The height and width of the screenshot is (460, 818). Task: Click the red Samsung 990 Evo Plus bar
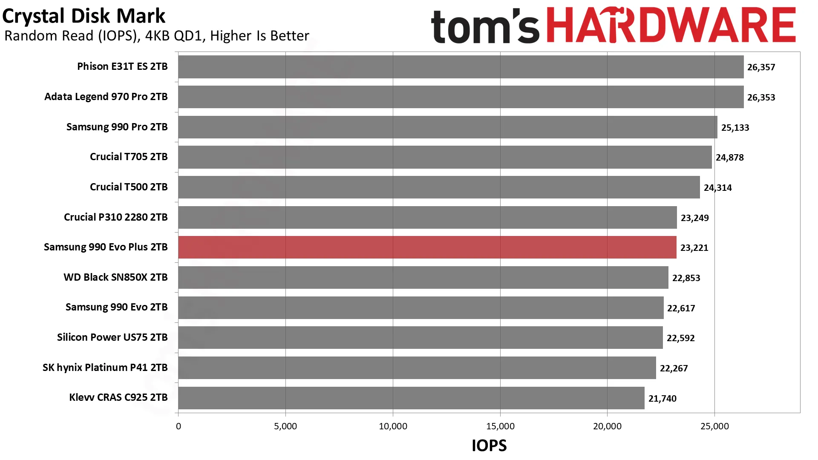[x=427, y=247]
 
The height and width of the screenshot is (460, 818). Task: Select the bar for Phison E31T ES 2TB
[x=461, y=67]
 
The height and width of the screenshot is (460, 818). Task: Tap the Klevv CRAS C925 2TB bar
[x=412, y=398]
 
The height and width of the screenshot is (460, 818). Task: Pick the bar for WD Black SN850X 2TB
[x=423, y=278]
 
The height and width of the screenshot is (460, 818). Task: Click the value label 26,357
[x=761, y=67]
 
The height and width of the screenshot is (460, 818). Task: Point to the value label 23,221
[x=694, y=248]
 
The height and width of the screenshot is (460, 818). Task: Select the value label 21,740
[x=662, y=399]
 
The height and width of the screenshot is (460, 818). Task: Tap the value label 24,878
[x=730, y=158]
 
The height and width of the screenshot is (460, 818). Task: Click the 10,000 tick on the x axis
[x=393, y=426]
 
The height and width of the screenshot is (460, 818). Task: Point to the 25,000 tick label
[x=714, y=426]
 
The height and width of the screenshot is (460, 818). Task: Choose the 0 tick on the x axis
[x=179, y=426]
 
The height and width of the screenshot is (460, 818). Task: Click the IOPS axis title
[x=489, y=446]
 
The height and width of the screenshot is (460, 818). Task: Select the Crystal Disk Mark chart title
[x=84, y=16]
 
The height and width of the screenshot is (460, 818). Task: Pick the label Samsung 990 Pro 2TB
[x=117, y=127]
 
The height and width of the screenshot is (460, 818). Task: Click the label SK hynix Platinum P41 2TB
[x=105, y=368]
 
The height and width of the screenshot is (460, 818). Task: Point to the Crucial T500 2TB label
[x=129, y=187]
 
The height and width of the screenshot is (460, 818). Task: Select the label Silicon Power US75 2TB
[x=112, y=337]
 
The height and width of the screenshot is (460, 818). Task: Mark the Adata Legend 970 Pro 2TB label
[x=106, y=97]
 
